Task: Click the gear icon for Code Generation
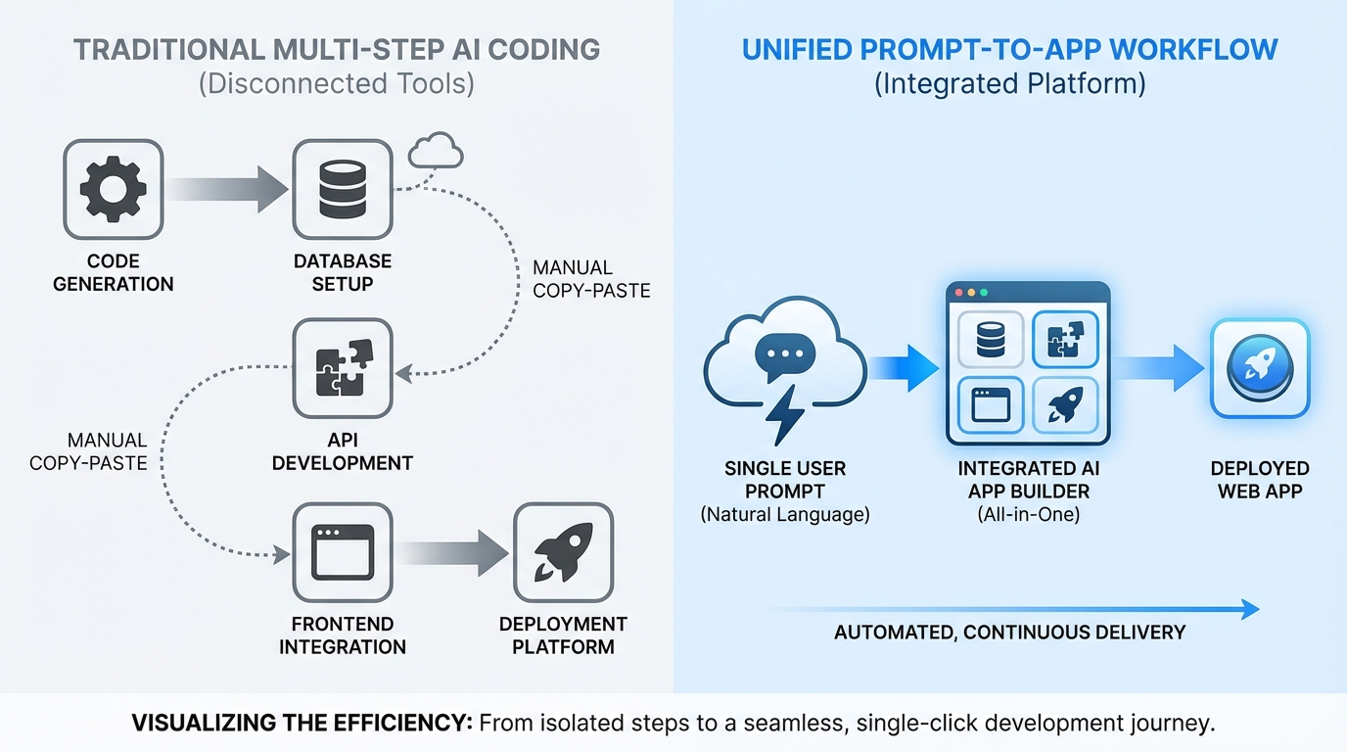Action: point(113,189)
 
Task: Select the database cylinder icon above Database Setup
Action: point(343,189)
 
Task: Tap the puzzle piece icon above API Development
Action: point(343,367)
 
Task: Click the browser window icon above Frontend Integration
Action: point(343,553)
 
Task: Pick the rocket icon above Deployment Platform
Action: point(563,553)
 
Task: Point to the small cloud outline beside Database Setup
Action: point(435,153)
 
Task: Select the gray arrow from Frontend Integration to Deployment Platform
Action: point(451,553)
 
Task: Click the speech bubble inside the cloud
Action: point(785,355)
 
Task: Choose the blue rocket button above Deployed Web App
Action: point(1259,367)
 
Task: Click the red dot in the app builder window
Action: point(958,293)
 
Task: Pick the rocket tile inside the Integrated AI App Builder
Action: point(1065,404)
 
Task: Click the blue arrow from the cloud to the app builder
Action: point(904,368)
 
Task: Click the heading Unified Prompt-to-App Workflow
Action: point(1009,50)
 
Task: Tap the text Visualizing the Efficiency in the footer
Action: point(302,725)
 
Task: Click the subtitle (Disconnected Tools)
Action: point(336,84)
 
